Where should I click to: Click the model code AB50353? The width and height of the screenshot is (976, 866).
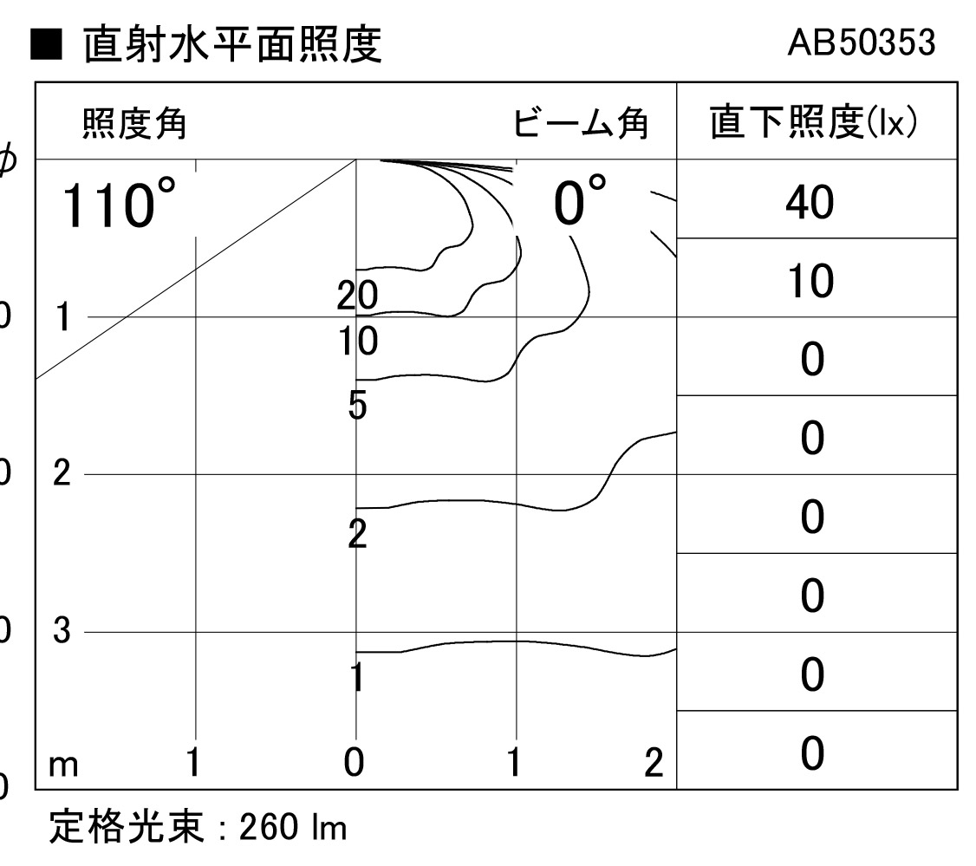(x=862, y=42)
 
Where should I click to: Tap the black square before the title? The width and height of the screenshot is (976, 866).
(x=46, y=44)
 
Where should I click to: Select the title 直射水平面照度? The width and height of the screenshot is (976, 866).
(x=232, y=44)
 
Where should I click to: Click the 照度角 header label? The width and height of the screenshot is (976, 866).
(x=133, y=122)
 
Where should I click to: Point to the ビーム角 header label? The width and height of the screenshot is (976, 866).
(x=580, y=122)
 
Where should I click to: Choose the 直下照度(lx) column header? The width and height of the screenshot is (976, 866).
(x=814, y=121)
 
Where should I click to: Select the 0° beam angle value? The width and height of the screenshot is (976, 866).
(x=580, y=200)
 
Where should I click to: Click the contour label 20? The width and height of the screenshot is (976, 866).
(x=357, y=295)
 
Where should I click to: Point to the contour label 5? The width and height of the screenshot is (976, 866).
(x=357, y=406)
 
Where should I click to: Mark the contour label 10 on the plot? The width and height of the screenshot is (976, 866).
(x=358, y=342)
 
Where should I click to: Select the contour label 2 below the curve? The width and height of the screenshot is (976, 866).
(x=357, y=533)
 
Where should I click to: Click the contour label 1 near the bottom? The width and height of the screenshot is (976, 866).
(x=356, y=677)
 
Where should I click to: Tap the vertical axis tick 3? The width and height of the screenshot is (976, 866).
(x=62, y=630)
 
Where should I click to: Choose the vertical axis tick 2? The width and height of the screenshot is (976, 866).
(x=62, y=472)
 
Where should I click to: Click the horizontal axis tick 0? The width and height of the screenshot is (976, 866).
(x=354, y=762)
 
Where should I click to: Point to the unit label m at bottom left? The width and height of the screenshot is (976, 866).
(x=63, y=765)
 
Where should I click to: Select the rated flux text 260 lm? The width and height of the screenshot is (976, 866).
(x=293, y=827)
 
